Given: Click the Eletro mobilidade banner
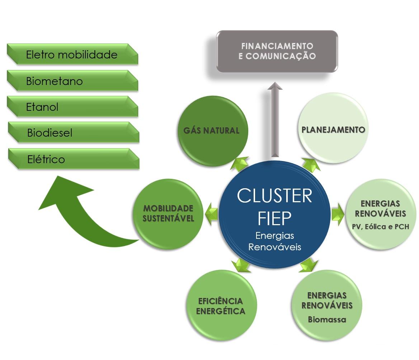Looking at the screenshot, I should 72,55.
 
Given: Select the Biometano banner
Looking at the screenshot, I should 72,81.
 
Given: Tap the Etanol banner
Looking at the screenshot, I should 72,107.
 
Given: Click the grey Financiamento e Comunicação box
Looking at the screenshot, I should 277,51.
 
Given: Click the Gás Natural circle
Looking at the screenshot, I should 212,131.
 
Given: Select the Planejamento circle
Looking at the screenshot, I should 333,129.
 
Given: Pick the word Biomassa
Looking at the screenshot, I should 327,319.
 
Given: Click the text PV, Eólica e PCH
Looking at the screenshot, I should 380,227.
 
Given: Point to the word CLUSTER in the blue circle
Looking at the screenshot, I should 274,196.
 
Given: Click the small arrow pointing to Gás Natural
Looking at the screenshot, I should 239,164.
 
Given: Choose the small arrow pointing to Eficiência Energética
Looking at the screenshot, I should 241,265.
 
